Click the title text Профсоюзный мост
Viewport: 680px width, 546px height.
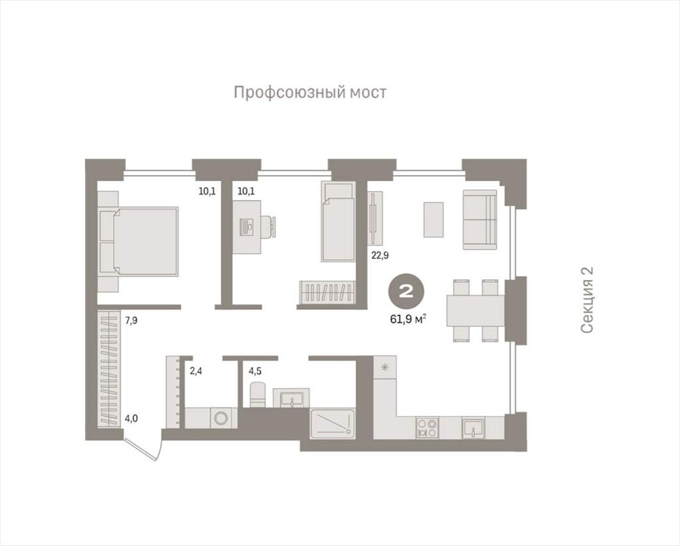point(309,93)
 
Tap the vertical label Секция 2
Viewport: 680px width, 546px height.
point(586,300)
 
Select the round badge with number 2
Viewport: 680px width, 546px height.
point(406,292)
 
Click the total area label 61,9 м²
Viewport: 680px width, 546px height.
point(408,320)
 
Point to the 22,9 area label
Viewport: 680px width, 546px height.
point(380,255)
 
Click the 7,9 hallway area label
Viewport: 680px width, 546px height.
point(131,320)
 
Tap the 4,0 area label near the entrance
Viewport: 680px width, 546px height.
point(132,419)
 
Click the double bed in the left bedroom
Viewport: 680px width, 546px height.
point(139,241)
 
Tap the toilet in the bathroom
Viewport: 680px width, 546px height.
point(258,394)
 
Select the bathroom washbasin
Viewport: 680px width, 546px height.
point(292,398)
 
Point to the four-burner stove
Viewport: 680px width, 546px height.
point(427,428)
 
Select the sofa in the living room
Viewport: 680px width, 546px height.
point(479,220)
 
